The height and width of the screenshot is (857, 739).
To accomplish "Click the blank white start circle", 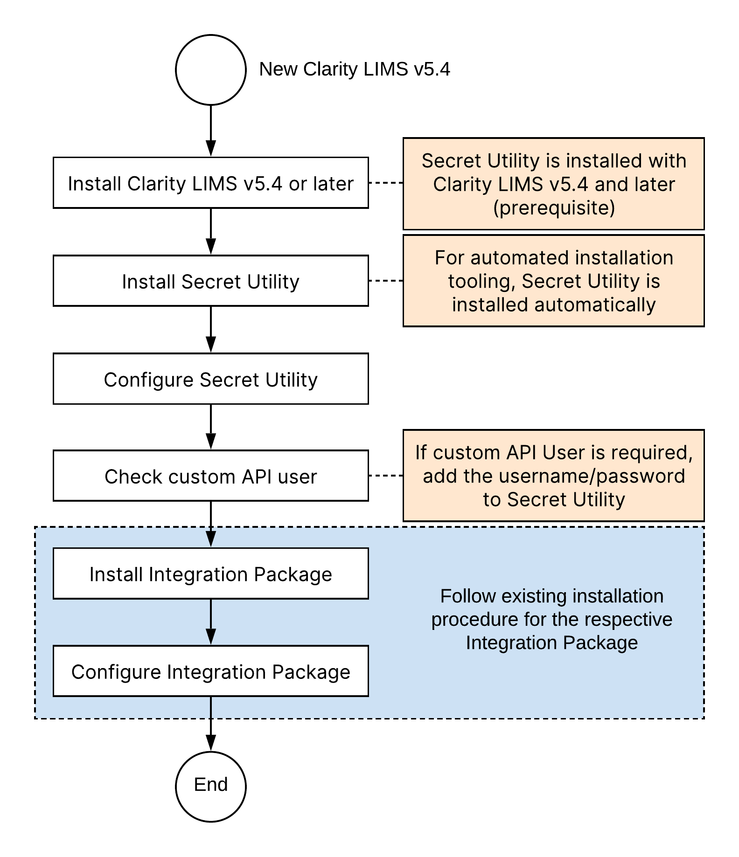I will [x=211, y=70].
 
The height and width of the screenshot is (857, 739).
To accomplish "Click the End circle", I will [x=211, y=786].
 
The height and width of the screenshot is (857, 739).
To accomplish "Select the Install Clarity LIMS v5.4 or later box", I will [x=211, y=183].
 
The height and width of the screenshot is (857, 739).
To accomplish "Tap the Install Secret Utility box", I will [x=211, y=281].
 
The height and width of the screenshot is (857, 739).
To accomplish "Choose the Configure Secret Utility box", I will [x=211, y=379].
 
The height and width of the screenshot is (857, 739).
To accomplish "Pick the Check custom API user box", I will [x=211, y=476].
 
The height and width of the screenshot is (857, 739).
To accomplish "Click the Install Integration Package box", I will [x=211, y=574].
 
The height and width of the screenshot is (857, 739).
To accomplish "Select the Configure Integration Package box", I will [x=211, y=671].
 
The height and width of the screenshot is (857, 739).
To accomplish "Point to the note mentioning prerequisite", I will [x=553, y=184].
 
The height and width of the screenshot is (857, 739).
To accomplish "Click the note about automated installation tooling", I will [x=553, y=281].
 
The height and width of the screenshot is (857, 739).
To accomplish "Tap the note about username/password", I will [x=553, y=476].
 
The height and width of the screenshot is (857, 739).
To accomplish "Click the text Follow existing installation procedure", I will [x=551, y=619].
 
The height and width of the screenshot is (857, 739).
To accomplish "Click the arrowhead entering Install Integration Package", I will [x=211, y=540].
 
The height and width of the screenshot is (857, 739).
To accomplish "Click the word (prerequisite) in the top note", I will [x=554, y=207].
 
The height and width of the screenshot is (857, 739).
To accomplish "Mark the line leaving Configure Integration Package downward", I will [x=211, y=707].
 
